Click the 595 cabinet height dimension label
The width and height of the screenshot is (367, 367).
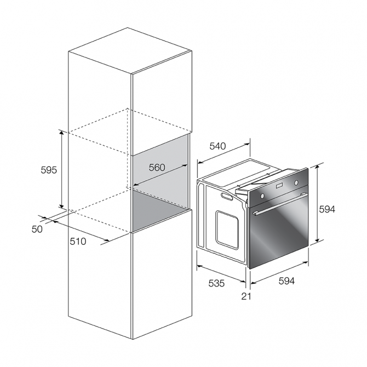point(49,170)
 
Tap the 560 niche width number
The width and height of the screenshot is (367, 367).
point(157,168)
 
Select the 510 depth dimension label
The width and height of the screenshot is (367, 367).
point(78,242)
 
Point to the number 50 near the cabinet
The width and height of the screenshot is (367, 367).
point(37,229)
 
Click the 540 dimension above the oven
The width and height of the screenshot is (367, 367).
point(217,146)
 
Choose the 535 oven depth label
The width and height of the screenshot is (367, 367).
point(216,283)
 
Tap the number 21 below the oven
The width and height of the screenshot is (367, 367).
point(246,296)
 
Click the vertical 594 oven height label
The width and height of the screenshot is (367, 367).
point(327,209)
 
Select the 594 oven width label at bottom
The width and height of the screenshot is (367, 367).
point(286,281)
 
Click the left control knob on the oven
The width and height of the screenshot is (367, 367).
point(262,196)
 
